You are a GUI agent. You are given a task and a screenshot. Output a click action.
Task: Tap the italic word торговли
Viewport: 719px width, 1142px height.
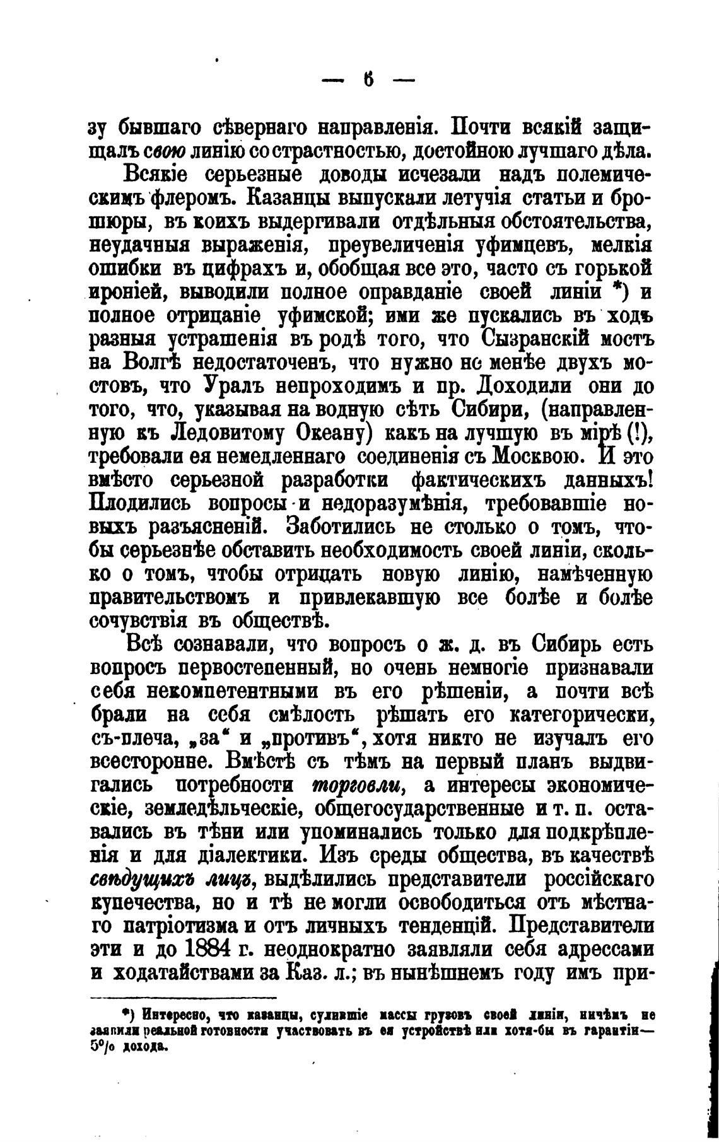tap(358, 786)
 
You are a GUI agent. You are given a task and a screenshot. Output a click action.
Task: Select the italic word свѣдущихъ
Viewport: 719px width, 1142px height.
tap(135, 880)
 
